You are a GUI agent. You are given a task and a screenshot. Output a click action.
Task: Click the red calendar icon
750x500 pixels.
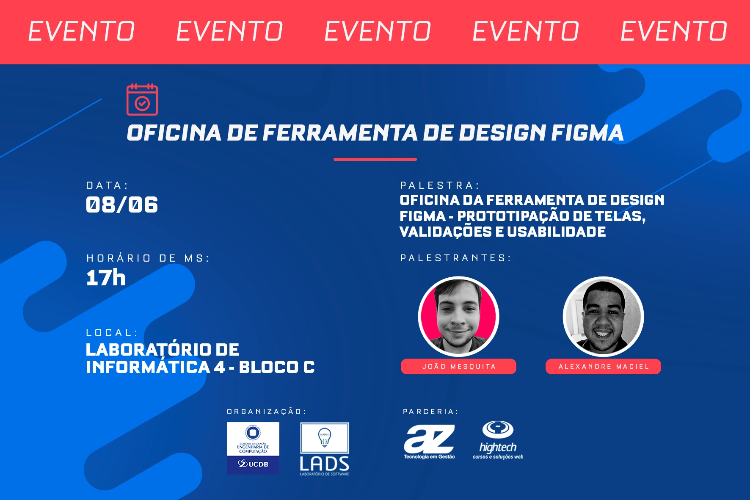point(142,99)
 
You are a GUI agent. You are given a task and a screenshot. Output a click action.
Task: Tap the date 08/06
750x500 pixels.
point(122,205)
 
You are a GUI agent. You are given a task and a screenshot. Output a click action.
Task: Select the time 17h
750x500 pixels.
point(106,278)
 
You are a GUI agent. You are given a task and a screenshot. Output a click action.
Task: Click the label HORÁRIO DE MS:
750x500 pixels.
point(148,258)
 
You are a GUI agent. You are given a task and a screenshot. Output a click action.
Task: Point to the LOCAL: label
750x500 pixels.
point(112,333)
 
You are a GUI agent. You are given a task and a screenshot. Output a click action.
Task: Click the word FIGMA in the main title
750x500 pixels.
point(587,133)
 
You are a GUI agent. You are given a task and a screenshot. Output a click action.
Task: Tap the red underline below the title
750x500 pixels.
point(375,159)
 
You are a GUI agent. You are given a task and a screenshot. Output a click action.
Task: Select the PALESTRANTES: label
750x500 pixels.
point(456,258)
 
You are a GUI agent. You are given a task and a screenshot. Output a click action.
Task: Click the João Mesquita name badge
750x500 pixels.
point(458,367)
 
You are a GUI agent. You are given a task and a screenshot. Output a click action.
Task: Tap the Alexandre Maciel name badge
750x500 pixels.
point(603,367)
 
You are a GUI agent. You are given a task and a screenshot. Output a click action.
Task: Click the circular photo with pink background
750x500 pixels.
point(459,316)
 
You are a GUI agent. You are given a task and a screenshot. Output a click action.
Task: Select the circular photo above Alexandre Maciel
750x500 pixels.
point(604,316)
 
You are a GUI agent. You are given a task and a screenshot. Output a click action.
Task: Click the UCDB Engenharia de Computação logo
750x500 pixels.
point(253,448)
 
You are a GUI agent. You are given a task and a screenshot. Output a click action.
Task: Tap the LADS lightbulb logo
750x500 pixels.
point(325,449)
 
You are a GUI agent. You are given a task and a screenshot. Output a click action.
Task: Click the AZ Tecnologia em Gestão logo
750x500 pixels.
point(429,442)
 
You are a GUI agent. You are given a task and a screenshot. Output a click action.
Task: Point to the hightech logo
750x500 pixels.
point(498,440)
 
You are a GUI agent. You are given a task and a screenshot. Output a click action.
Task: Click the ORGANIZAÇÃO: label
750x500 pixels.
point(266,412)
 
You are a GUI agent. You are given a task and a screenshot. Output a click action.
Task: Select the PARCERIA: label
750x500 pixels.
point(430,412)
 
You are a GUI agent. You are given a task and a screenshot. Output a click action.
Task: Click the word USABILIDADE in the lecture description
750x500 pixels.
point(557,232)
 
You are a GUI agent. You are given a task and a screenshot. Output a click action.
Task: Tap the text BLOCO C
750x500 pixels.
point(277,367)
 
